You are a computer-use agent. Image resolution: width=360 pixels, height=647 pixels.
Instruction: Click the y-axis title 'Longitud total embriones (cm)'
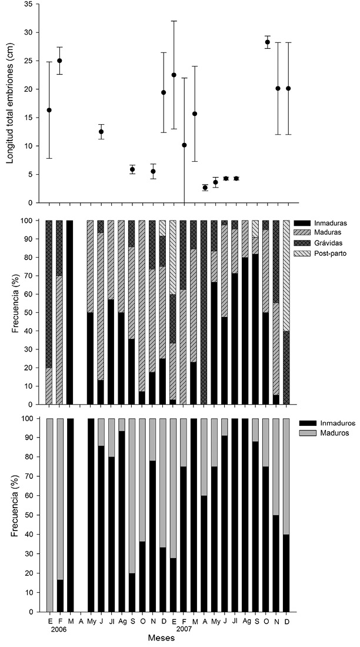coord(12,102)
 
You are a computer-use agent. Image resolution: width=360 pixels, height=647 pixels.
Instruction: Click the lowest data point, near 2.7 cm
coord(205,188)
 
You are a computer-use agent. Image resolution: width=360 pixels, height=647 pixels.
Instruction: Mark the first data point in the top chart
coord(49,110)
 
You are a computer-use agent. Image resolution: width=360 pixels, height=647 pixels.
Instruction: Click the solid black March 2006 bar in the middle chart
coord(70,312)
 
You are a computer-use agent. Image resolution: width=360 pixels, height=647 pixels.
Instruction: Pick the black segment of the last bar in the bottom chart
coord(286,573)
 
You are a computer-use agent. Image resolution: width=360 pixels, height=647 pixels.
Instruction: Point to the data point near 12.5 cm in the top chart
coord(101,132)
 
